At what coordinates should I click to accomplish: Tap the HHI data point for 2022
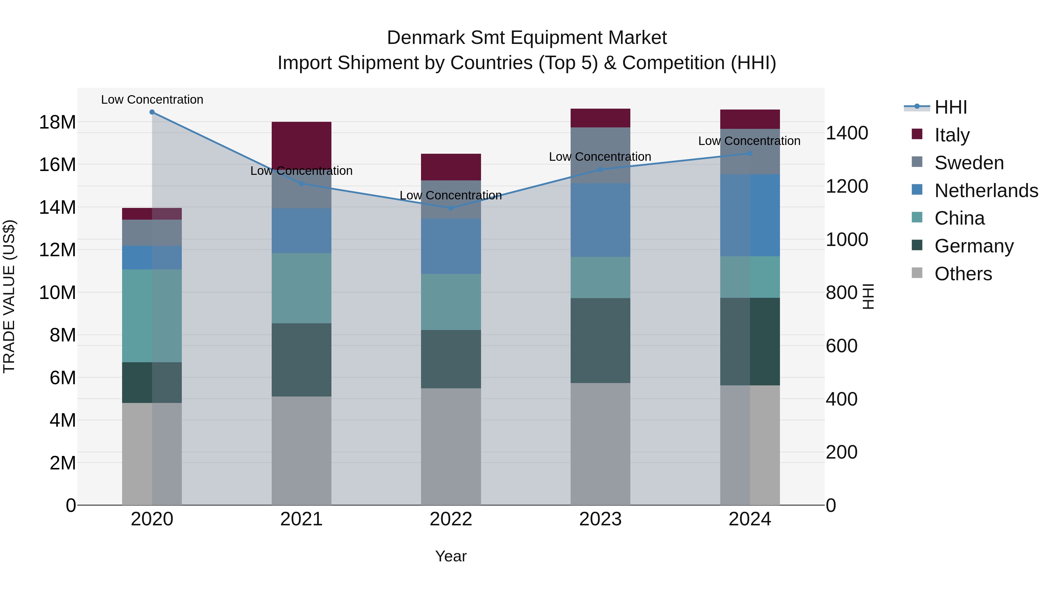(x=451, y=208)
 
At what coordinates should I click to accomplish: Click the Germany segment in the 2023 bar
(x=600, y=341)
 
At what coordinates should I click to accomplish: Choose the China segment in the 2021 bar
(x=302, y=288)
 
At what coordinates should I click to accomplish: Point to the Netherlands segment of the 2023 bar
(x=600, y=220)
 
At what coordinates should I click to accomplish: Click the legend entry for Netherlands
(x=986, y=191)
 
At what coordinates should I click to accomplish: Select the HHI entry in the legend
(x=950, y=107)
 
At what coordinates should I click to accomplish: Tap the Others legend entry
(x=963, y=274)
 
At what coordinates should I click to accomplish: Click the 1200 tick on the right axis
(x=846, y=186)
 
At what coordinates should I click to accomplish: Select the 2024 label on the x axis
(x=750, y=519)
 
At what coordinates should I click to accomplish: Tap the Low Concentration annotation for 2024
(x=749, y=141)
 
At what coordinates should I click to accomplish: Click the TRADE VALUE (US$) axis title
(x=9, y=296)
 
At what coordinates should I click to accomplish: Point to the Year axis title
(x=451, y=556)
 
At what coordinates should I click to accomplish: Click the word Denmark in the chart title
(x=425, y=38)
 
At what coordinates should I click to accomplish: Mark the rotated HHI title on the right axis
(x=868, y=296)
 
